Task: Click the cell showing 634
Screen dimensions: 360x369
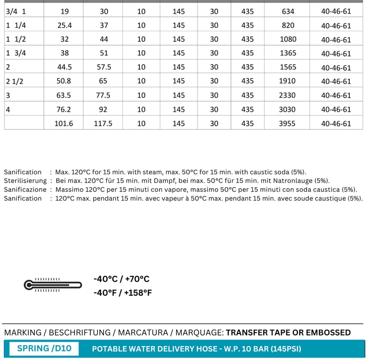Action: [x=288, y=12]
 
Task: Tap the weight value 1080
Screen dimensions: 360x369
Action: [x=288, y=39]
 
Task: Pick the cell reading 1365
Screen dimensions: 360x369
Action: [x=288, y=53]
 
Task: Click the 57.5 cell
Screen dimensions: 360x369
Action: [x=103, y=67]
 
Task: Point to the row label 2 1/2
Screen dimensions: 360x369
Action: [x=15, y=82]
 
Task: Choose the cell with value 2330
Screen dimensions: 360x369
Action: [x=288, y=95]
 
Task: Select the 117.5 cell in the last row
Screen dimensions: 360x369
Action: [x=103, y=123]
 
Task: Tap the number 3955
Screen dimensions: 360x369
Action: [x=288, y=123]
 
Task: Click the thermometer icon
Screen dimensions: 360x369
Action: [x=52, y=285]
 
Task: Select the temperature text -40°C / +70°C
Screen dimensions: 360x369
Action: [x=122, y=279]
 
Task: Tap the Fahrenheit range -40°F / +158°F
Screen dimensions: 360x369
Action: [x=123, y=292]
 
